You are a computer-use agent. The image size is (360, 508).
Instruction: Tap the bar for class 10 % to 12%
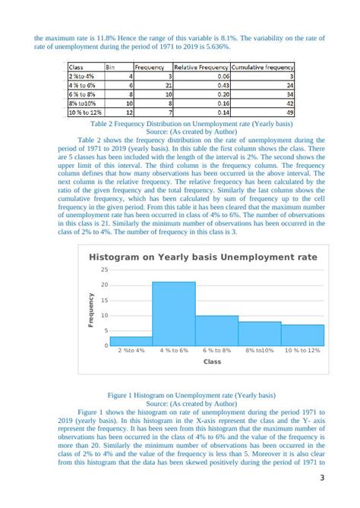coord(303,335)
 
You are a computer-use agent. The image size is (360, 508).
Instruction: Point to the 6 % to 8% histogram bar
coord(217,330)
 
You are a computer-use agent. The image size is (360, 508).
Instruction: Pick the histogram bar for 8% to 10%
coord(260,333)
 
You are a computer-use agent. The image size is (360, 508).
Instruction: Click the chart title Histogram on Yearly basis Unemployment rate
coord(203,257)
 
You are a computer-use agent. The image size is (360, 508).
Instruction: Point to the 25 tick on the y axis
coord(104,270)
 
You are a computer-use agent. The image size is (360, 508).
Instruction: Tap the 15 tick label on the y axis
coord(104,300)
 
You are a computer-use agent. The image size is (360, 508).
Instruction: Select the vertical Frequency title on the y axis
coord(91,310)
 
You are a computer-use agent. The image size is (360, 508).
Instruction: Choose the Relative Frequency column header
coord(201,67)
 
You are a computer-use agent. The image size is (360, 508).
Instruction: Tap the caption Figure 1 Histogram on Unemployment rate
coord(180,395)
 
